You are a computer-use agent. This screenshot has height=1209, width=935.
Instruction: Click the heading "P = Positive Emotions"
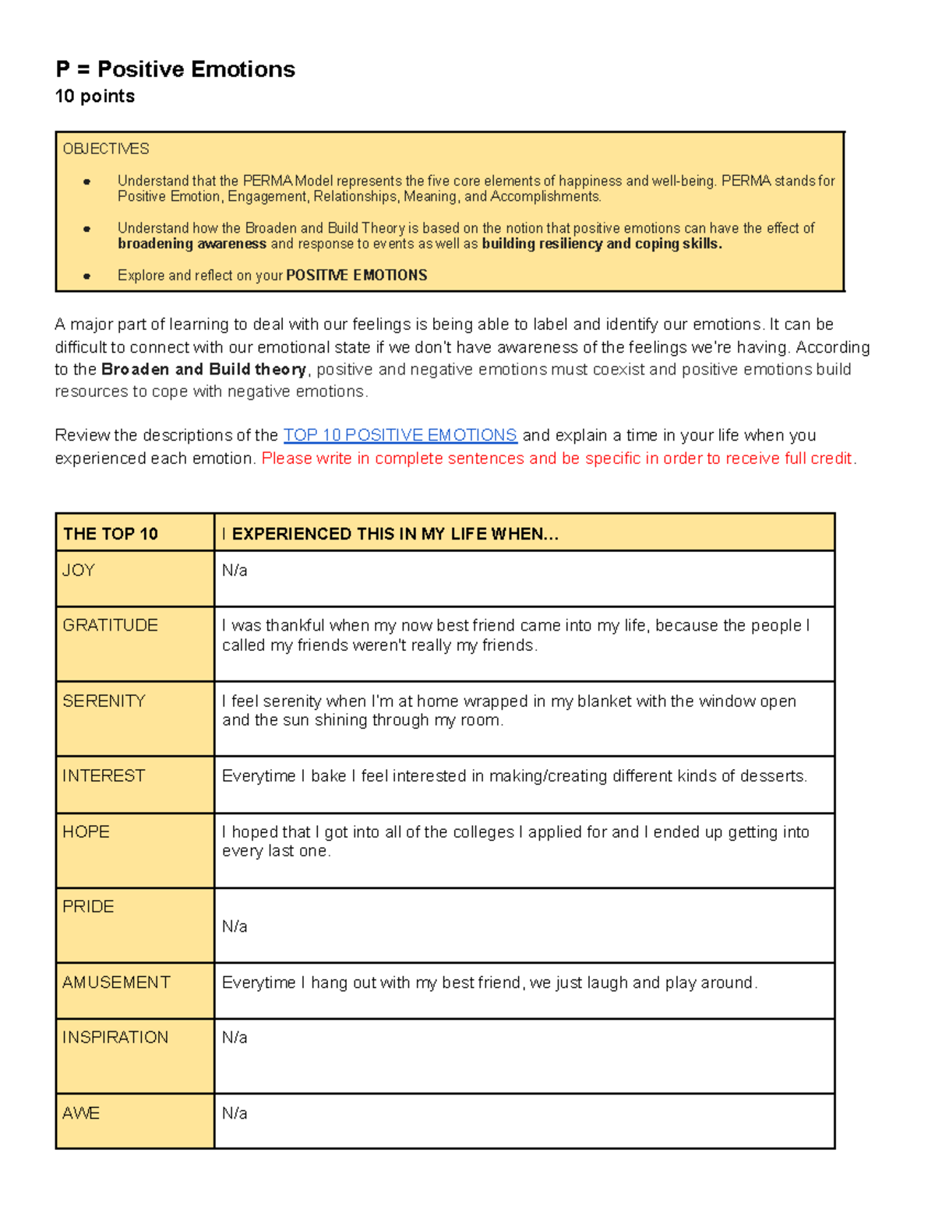[175, 69]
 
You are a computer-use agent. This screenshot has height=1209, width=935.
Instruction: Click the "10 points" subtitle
[94, 97]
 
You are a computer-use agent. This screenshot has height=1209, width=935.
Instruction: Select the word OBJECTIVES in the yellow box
[106, 149]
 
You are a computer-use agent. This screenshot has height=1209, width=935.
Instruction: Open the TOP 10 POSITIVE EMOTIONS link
[400, 435]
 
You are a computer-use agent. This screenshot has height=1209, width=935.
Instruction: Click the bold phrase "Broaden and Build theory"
[203, 369]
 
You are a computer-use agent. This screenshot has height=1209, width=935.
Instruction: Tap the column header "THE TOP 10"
[111, 534]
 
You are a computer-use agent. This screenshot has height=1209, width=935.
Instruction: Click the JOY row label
[79, 571]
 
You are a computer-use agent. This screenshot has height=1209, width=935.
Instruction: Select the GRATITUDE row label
[110, 625]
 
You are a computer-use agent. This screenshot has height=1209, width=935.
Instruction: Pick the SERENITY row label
[104, 701]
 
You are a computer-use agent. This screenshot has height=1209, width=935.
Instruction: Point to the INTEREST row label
[104, 776]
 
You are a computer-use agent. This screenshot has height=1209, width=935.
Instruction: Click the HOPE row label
[86, 832]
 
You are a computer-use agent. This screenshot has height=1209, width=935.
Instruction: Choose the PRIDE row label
[88, 907]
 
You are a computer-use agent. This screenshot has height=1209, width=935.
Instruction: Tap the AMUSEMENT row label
[116, 982]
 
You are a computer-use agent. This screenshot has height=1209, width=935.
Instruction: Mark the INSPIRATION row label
[115, 1038]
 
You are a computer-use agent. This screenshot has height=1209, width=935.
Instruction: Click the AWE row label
[81, 1113]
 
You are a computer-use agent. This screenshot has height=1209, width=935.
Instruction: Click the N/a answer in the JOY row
[235, 571]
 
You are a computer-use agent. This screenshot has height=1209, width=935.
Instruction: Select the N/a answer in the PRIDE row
[235, 926]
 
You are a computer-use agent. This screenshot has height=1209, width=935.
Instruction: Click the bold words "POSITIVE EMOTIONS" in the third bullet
[356, 276]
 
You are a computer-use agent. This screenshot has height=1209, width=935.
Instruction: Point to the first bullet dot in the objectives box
[86, 181]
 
